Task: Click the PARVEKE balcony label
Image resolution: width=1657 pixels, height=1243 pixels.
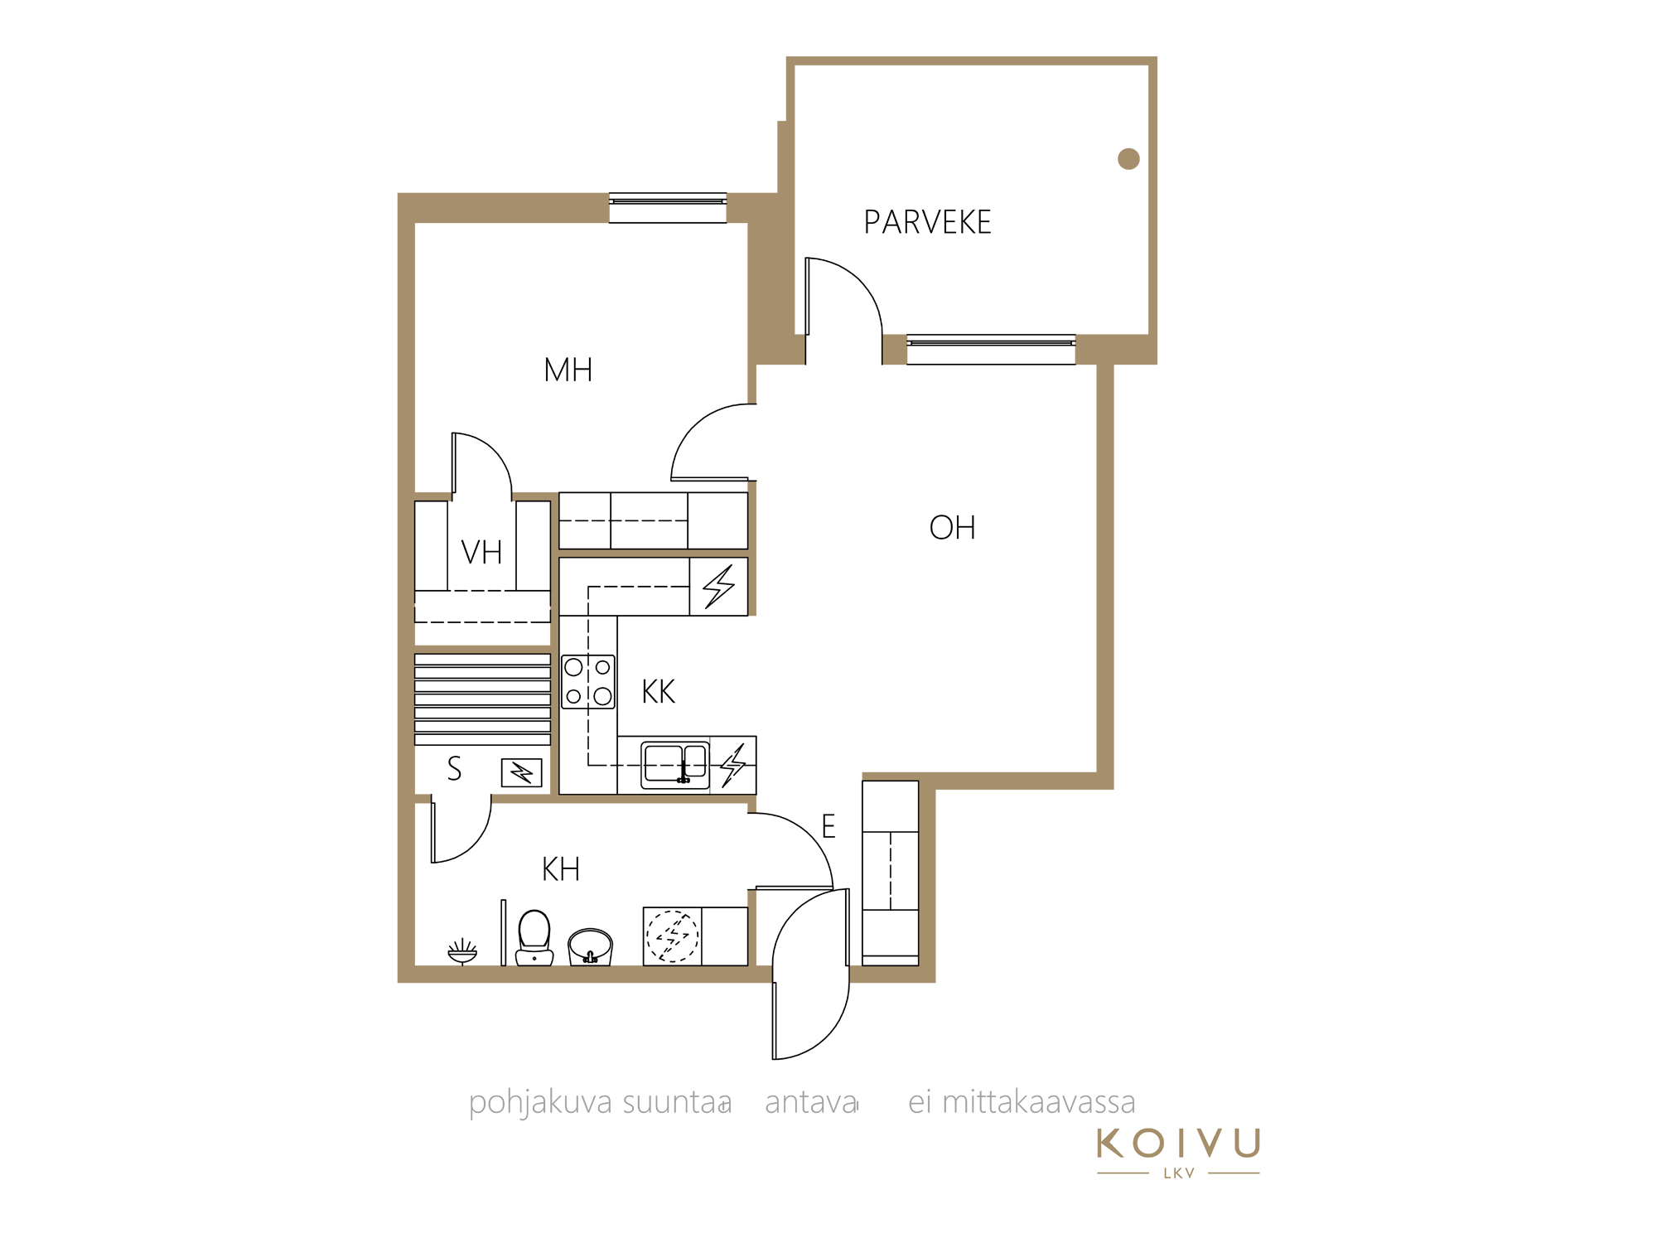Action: (x=927, y=222)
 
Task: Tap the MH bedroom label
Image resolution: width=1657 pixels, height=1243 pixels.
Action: (x=568, y=370)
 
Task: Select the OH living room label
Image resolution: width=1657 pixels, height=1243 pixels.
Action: (x=953, y=528)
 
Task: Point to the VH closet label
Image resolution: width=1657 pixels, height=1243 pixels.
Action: (x=481, y=553)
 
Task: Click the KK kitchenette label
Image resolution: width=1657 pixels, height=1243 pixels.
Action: (x=659, y=692)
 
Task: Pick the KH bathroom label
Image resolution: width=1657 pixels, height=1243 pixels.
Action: (x=561, y=869)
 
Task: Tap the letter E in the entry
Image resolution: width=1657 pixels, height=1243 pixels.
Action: (x=828, y=826)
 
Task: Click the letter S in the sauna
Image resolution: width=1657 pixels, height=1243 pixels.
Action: (x=454, y=769)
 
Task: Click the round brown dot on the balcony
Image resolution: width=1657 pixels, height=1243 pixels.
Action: (x=1128, y=158)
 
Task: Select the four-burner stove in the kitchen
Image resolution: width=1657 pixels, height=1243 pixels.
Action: (x=588, y=682)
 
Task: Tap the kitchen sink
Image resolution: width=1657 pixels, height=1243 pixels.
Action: (x=675, y=764)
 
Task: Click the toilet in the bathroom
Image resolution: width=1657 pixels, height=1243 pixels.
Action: (x=534, y=938)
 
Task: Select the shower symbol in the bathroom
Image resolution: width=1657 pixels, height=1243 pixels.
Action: (x=462, y=952)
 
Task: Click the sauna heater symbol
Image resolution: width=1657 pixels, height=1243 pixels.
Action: (x=522, y=773)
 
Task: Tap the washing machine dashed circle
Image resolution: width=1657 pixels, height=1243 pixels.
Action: (x=672, y=936)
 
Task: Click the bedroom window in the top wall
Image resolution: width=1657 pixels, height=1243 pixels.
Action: (x=668, y=208)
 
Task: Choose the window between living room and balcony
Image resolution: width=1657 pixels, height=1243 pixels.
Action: (x=991, y=350)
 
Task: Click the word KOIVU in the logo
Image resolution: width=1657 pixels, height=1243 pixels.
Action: (x=1179, y=1144)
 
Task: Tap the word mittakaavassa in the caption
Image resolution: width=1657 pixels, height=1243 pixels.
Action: (x=1039, y=1103)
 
